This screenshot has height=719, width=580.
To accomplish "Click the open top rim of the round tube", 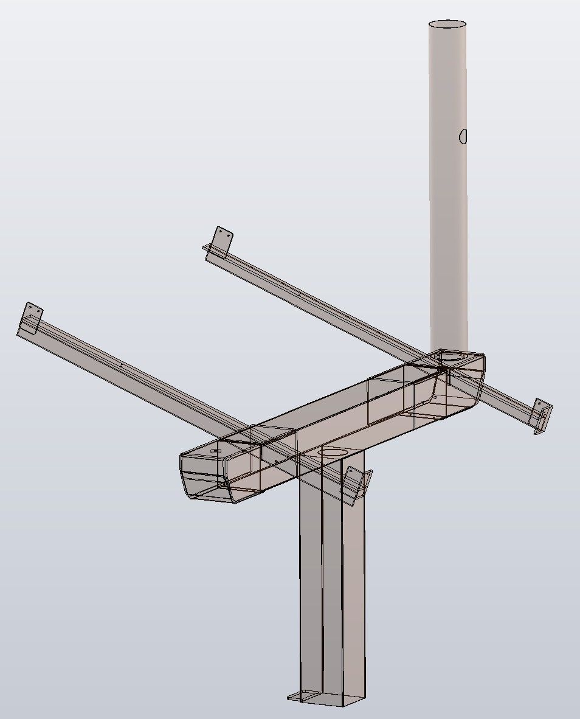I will click(447, 24).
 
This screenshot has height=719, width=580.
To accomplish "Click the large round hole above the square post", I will click(333, 453).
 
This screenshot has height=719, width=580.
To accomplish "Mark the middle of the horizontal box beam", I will click(334, 414).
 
